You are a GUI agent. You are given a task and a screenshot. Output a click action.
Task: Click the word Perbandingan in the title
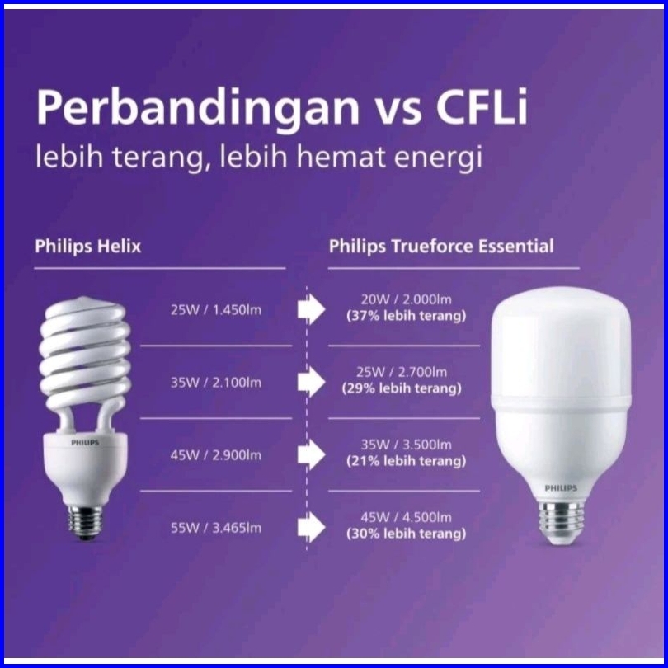click(x=198, y=108)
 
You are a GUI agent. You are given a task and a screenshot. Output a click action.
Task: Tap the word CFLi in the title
click(x=482, y=106)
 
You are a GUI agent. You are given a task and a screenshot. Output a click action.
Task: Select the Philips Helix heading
click(x=87, y=247)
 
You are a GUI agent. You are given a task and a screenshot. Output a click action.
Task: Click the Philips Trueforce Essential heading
click(x=441, y=247)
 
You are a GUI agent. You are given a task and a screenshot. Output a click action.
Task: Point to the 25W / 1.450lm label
click(x=216, y=310)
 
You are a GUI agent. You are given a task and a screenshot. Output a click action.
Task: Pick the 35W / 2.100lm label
click(x=216, y=383)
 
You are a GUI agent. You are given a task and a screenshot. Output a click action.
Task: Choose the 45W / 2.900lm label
click(x=216, y=455)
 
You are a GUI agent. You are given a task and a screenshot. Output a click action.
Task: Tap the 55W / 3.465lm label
click(x=216, y=529)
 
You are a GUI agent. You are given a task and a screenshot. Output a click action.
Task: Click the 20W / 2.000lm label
click(x=407, y=299)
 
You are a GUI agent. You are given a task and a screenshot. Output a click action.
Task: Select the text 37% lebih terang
click(x=407, y=316)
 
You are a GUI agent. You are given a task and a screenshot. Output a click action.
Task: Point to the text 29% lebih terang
click(x=402, y=389)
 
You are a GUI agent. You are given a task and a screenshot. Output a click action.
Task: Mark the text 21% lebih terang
click(x=407, y=461)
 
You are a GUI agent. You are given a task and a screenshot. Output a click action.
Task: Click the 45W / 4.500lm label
click(x=407, y=518)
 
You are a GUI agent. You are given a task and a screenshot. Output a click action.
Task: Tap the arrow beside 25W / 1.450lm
click(x=312, y=310)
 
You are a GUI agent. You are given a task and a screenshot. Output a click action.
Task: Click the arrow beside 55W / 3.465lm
click(x=312, y=528)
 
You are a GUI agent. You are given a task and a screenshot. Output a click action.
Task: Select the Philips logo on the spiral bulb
click(x=85, y=443)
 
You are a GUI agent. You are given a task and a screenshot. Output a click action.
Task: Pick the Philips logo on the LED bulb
click(x=561, y=488)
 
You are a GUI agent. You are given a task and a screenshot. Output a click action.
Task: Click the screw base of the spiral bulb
click(x=85, y=522)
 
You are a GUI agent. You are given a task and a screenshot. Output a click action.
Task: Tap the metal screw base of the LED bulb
click(x=561, y=522)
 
